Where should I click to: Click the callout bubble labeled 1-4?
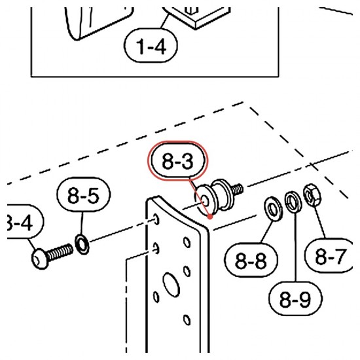pyautogui.click(x=151, y=45)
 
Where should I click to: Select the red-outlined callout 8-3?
pyautogui.click(x=177, y=161)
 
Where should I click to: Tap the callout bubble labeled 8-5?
pyautogui.click(x=84, y=194)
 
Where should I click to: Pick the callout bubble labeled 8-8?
pyautogui.click(x=251, y=260)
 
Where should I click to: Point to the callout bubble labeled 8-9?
pyautogui.click(x=295, y=298)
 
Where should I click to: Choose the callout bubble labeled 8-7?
pyautogui.click(x=329, y=255)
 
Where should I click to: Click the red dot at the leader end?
pyautogui.click(x=210, y=217)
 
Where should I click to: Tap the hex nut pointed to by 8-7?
pyautogui.click(x=312, y=195)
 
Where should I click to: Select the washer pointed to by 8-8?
pyautogui.click(x=273, y=209)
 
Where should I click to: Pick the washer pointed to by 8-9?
pyautogui.click(x=293, y=202)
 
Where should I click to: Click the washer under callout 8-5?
pyautogui.click(x=82, y=244)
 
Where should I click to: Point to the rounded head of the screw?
pyautogui.click(x=40, y=259)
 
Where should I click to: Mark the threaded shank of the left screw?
pyautogui.click(x=60, y=252)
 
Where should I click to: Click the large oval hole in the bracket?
pyautogui.click(x=171, y=285)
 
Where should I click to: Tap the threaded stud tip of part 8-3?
pyautogui.click(x=236, y=189)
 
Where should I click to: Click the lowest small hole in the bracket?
pyautogui.click(x=187, y=320)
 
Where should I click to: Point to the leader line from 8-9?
pyautogui.click(x=295, y=247)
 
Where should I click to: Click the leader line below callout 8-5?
pyautogui.click(x=82, y=223)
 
